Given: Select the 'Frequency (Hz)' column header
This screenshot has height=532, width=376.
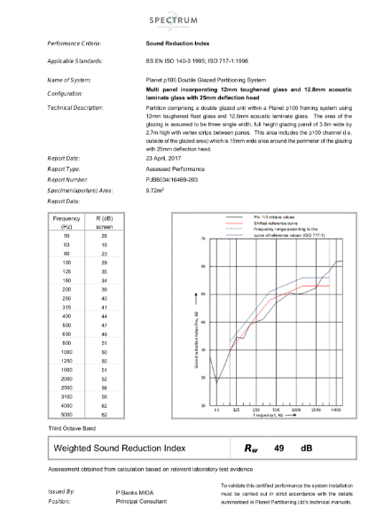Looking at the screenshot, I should (x=67, y=221).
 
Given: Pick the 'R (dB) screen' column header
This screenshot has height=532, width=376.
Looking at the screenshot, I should (x=104, y=221).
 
